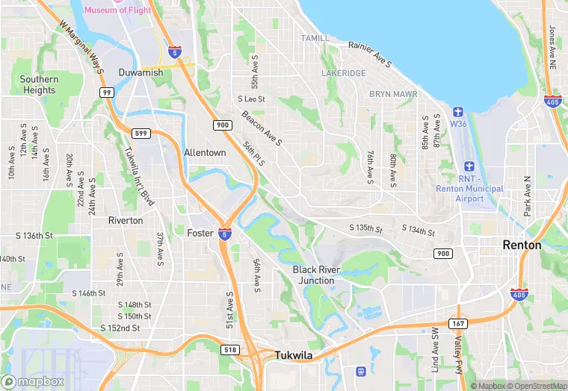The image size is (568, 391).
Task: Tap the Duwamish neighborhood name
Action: point(141,72)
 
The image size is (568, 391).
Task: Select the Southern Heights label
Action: point(39,84)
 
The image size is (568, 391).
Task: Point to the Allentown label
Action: point(205,152)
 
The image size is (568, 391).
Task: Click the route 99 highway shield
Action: point(107,92)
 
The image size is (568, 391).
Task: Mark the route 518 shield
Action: point(230,349)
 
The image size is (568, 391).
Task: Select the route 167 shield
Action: point(458,323)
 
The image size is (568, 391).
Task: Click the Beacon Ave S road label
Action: point(261,128)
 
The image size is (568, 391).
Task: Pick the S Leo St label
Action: point(252,98)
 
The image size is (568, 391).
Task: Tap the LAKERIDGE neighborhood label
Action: point(344,73)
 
